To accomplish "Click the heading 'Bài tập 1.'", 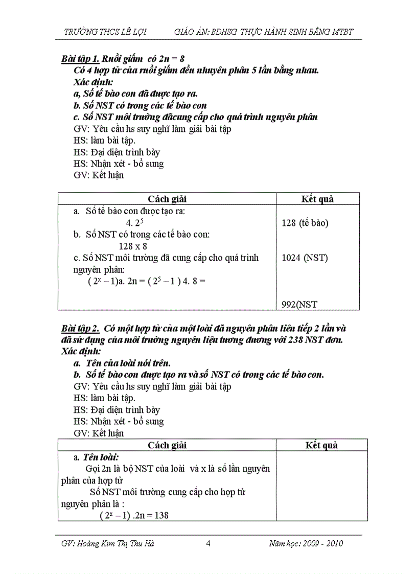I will (x=79, y=59).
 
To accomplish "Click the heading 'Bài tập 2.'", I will (x=79, y=328).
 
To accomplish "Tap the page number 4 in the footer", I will (x=208, y=543).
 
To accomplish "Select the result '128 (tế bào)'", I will (x=305, y=223).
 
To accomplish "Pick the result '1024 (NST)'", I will (x=305, y=258).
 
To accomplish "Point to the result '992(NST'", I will (x=299, y=305).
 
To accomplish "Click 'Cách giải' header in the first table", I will (x=167, y=199).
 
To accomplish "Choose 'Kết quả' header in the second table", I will (x=321, y=445).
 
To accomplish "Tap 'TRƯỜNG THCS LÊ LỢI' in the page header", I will (x=105, y=32).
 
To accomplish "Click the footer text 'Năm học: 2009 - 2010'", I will (x=306, y=543).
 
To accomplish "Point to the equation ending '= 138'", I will (x=134, y=516).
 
